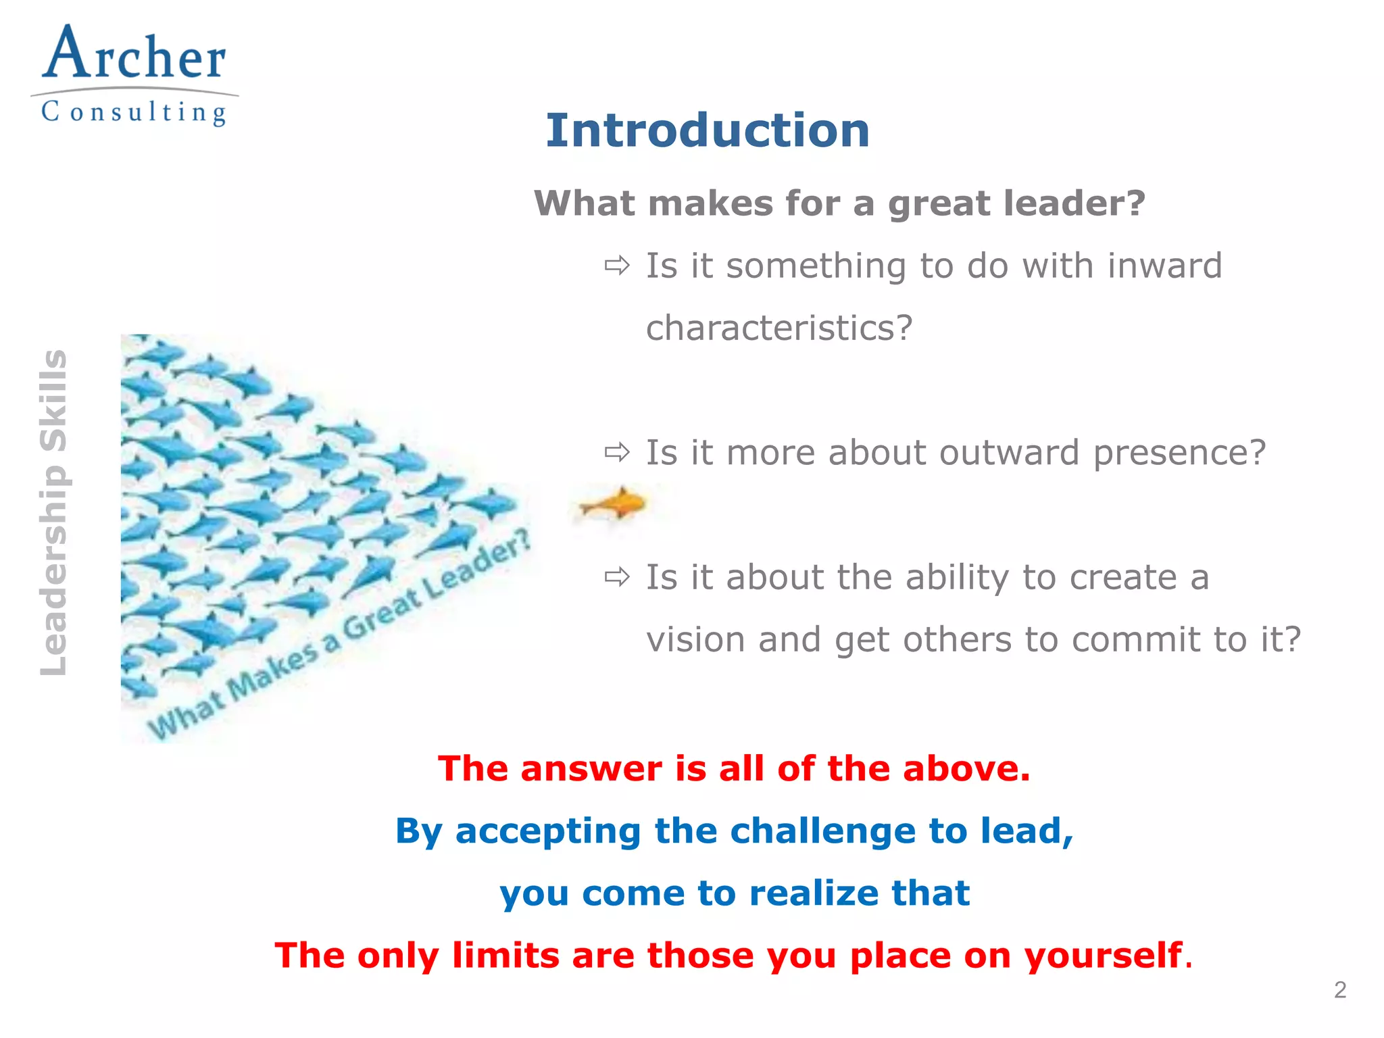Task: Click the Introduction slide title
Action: [708, 130]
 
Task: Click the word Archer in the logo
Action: [134, 55]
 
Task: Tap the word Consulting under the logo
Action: [134, 112]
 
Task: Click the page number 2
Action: [1340, 990]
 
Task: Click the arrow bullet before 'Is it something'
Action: [617, 266]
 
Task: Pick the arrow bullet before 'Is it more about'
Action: [617, 452]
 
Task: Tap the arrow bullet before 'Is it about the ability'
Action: [617, 577]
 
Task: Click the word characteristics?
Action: [779, 328]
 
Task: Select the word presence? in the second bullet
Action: [1179, 453]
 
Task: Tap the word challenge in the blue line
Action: [822, 831]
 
